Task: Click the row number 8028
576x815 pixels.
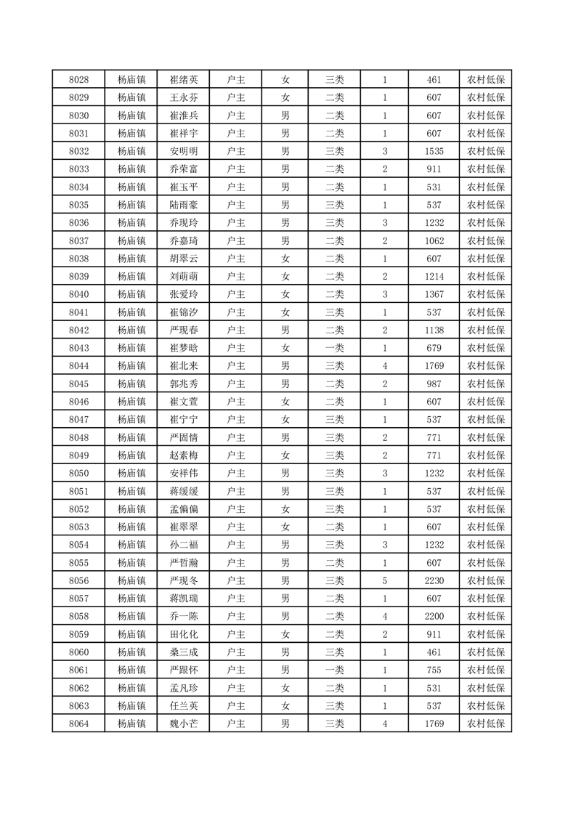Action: (78, 80)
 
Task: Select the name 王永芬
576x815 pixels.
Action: (183, 98)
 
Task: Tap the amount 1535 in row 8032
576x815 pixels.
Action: (434, 152)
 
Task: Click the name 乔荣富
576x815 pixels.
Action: (183, 169)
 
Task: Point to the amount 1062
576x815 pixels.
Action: (434, 241)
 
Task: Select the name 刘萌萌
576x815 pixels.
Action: (183, 277)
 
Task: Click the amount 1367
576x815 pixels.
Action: (434, 294)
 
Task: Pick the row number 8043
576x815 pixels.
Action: (78, 348)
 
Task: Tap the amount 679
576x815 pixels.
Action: (434, 348)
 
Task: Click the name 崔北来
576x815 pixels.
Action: (183, 366)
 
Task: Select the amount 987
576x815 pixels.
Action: (434, 384)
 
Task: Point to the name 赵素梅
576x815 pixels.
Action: (183, 455)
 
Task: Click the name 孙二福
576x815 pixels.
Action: (183, 545)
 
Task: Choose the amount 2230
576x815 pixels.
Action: (434, 580)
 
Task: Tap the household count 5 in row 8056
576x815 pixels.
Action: (384, 580)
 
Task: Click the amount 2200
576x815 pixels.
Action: (434, 616)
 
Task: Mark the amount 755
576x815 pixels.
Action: (434, 670)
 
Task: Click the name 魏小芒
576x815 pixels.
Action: (183, 723)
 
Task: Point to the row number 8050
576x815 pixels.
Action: (78, 473)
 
